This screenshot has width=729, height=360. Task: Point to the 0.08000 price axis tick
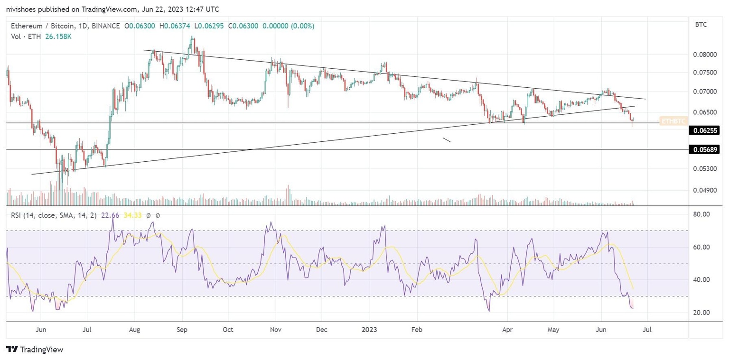(703, 55)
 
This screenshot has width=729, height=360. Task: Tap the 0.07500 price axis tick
(703, 73)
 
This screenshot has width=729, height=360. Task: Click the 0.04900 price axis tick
(703, 191)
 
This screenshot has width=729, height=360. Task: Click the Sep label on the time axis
(183, 329)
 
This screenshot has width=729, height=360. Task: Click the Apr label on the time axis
(507, 329)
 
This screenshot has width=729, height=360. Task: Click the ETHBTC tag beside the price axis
(673, 121)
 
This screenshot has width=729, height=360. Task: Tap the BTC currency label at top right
(701, 25)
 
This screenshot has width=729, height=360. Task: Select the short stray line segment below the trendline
(447, 139)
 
